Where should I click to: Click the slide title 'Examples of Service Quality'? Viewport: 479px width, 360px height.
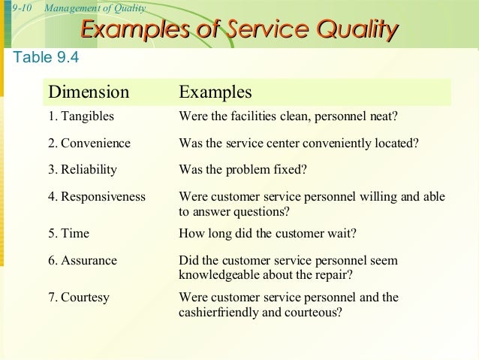click(x=239, y=29)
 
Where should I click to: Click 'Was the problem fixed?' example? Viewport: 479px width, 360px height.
click(x=243, y=169)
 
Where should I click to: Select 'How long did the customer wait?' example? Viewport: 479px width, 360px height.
click(x=267, y=233)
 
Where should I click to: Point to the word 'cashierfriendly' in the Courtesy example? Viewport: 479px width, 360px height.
click(x=216, y=312)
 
